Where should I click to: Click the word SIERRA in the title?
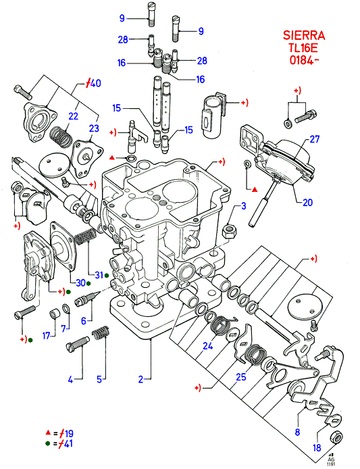304,36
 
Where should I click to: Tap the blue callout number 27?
314,139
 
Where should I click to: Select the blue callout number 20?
307,203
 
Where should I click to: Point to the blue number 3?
244,206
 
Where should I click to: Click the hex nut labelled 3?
229,231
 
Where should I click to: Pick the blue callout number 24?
208,346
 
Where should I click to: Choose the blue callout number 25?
241,377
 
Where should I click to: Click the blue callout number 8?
297,432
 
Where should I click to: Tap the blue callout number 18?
317,448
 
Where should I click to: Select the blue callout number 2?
141,379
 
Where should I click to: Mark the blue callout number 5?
99,379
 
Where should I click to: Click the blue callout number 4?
70,380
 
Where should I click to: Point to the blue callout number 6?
84,321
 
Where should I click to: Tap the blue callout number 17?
47,336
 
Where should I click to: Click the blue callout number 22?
73,116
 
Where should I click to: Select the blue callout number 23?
94,128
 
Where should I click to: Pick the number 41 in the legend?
68,443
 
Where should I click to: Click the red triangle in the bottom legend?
47,433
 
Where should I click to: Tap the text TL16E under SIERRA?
303,48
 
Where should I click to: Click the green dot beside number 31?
107,275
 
